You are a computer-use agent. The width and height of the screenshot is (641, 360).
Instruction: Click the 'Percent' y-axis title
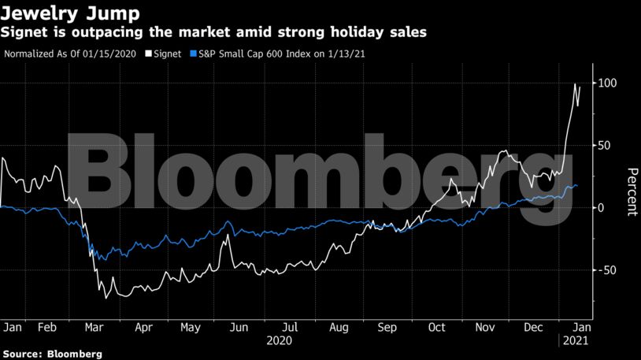point(631,191)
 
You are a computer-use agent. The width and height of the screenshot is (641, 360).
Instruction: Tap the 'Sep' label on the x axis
point(387,326)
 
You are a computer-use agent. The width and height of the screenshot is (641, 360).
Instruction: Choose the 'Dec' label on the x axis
point(533,326)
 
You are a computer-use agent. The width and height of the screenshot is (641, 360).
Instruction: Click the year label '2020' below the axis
point(280,341)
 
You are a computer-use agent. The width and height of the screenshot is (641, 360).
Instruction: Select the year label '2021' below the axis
point(573,341)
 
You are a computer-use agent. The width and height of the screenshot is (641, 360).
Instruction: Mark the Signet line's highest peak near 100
point(575,84)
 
